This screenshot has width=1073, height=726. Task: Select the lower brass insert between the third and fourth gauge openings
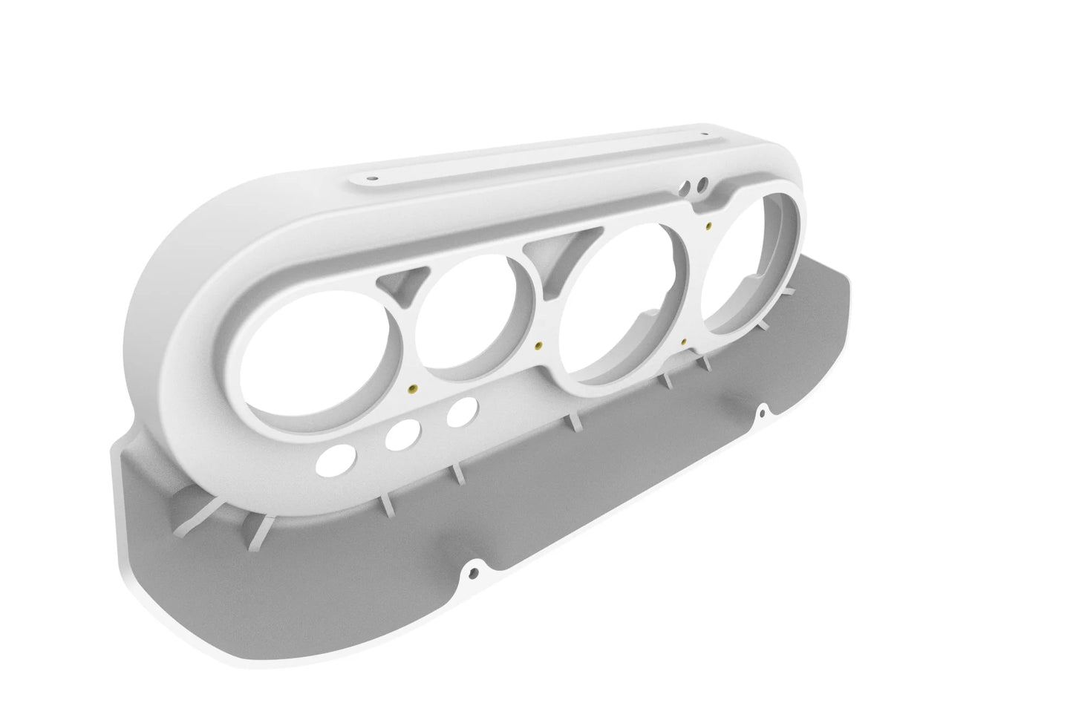[682, 342]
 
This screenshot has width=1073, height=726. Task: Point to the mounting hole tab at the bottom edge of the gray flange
[472, 572]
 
